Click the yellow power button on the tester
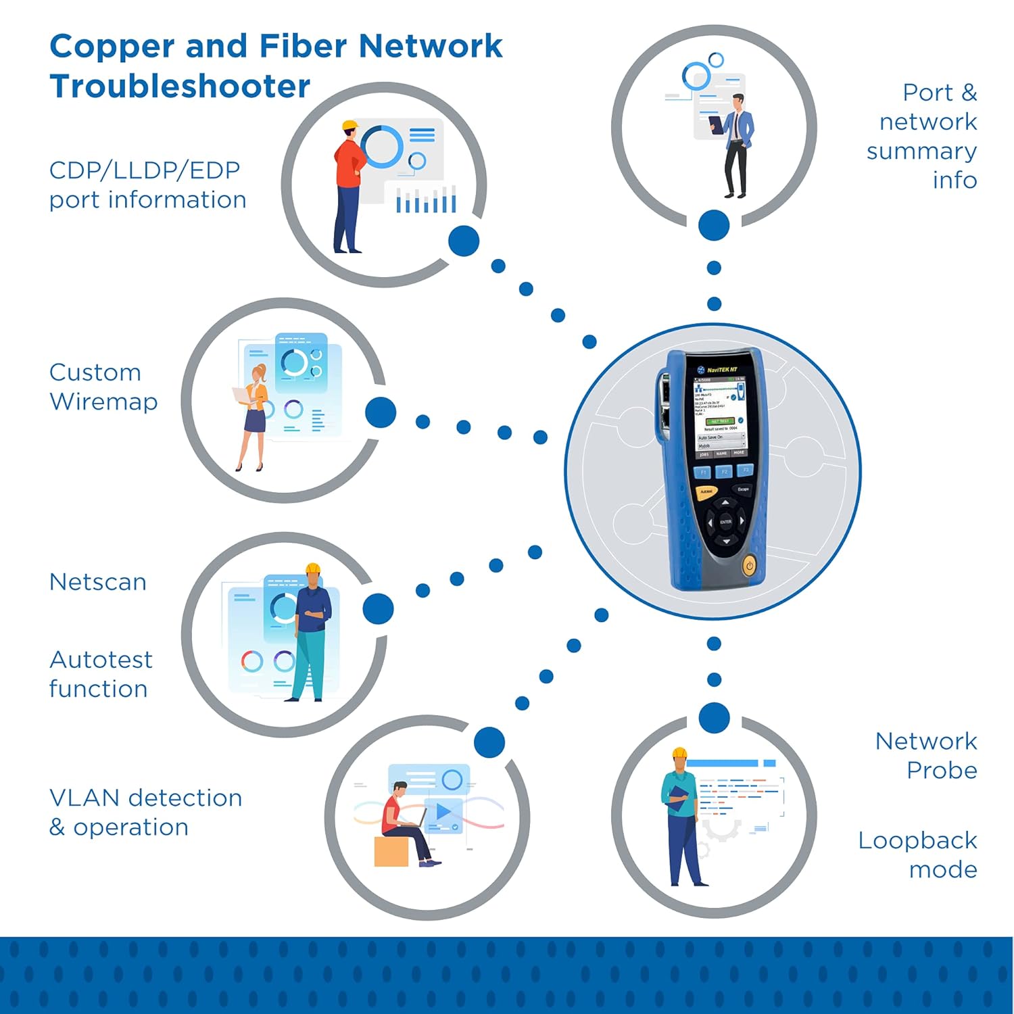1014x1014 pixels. click(x=749, y=565)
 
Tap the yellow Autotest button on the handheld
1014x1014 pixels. click(x=706, y=491)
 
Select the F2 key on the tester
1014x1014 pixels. click(x=724, y=471)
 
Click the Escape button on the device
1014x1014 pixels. click(x=743, y=489)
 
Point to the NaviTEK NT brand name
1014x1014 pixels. click(x=722, y=370)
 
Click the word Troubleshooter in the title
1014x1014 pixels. click(x=180, y=87)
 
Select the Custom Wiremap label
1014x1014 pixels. click(x=103, y=387)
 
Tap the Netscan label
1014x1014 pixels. click(x=98, y=582)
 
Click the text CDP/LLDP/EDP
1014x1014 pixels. click(x=145, y=170)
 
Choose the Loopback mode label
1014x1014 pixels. click(x=917, y=854)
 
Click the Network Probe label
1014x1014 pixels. click(x=926, y=755)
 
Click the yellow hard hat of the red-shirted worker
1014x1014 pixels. click(x=349, y=126)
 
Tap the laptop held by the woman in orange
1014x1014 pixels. click(x=241, y=395)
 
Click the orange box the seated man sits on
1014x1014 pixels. click(x=391, y=851)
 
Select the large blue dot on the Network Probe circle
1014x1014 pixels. click(x=714, y=718)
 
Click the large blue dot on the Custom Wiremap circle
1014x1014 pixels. click(x=381, y=412)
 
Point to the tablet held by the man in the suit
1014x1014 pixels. click(x=716, y=124)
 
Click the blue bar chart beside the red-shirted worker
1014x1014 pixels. click(x=426, y=201)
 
